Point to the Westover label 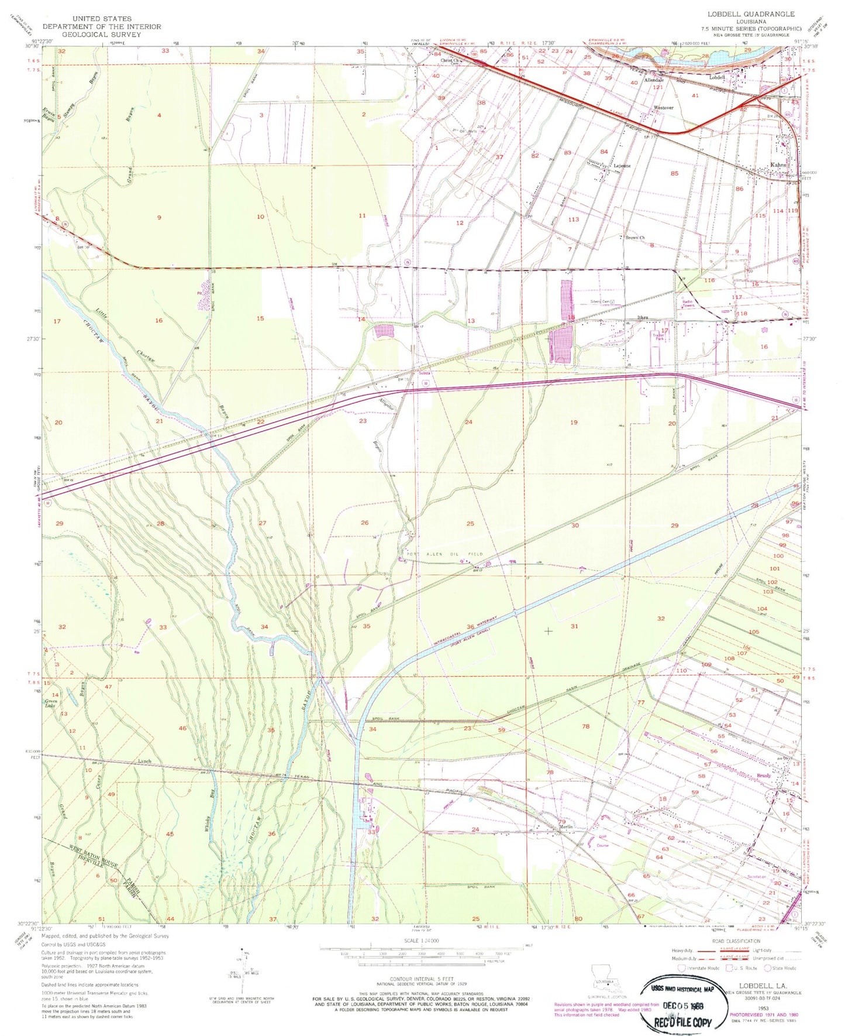tap(664, 108)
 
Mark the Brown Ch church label tap(634, 238)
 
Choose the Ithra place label tap(643, 317)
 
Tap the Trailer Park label tap(658, 337)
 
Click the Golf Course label tap(602, 841)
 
